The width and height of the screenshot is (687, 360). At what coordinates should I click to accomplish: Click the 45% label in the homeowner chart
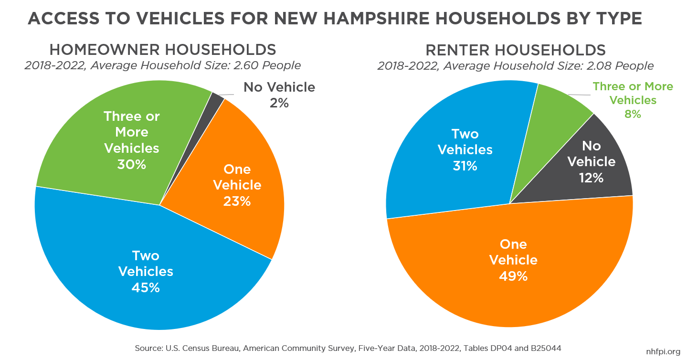(x=146, y=288)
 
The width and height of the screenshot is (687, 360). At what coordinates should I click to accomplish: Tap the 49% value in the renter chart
(x=513, y=276)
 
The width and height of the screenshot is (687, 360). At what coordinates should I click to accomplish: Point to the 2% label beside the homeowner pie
(x=279, y=103)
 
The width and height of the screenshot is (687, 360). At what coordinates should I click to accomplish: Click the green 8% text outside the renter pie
(x=633, y=114)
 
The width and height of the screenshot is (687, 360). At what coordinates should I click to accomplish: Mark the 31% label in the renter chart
(x=465, y=166)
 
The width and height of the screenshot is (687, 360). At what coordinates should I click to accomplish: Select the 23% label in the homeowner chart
(x=237, y=201)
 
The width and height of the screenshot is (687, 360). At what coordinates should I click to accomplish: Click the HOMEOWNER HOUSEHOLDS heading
(x=162, y=50)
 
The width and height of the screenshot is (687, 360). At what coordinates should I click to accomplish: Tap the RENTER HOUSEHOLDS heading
(x=515, y=50)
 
